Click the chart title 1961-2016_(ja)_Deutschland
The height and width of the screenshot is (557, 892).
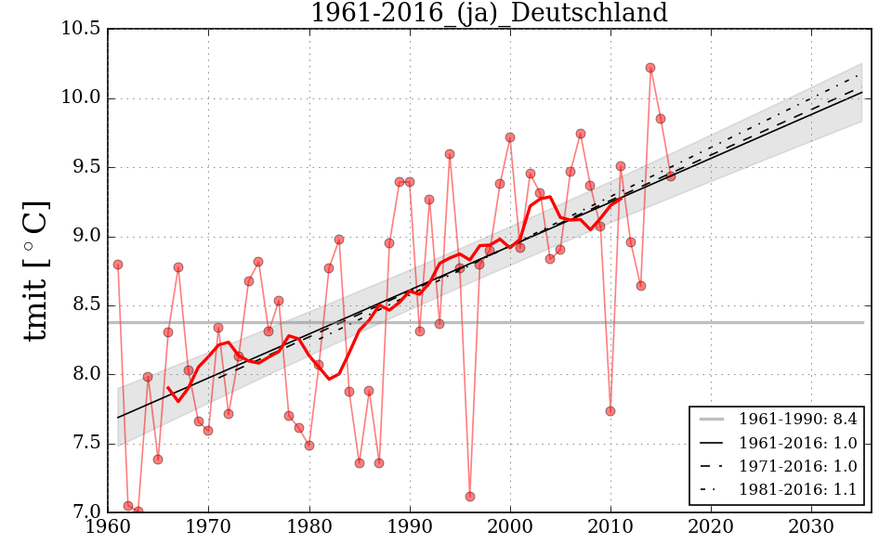pos(489,14)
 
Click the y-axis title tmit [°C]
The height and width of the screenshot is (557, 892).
pos(35,270)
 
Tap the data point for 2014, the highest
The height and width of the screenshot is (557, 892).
pos(650,68)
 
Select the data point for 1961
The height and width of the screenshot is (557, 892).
pos(118,265)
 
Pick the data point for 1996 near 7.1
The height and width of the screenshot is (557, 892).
pos(470,497)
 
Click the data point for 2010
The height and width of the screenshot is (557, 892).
pos(610,411)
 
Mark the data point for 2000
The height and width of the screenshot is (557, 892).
pos(510,137)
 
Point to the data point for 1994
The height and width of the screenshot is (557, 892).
pos(450,154)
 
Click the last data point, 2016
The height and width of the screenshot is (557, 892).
pos(671,176)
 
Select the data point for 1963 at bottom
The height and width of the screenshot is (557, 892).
pos(138,511)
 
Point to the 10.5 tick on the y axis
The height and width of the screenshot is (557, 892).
pos(81,29)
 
